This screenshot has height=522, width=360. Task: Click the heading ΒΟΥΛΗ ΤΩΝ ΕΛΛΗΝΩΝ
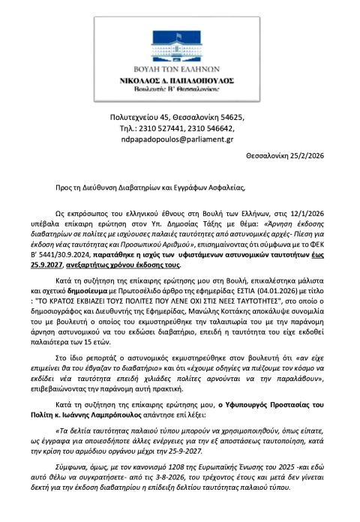point(179,65)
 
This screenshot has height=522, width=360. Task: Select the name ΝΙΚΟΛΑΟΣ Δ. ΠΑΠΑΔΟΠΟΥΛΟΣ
point(179,77)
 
